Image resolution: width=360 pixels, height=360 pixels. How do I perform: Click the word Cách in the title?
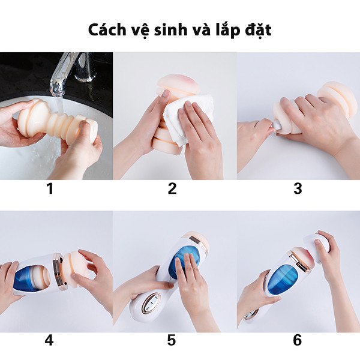[104, 30]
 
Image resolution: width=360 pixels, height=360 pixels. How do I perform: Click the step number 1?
[50, 188]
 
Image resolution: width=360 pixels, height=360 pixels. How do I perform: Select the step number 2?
[172, 188]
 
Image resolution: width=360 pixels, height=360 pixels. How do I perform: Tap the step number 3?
[298, 188]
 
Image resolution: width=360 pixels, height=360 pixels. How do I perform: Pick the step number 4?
[49, 340]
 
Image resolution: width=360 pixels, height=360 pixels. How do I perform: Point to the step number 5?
[172, 340]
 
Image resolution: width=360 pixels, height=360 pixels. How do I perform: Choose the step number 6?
[297, 340]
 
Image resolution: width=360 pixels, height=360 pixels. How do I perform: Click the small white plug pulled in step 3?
[277, 126]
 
